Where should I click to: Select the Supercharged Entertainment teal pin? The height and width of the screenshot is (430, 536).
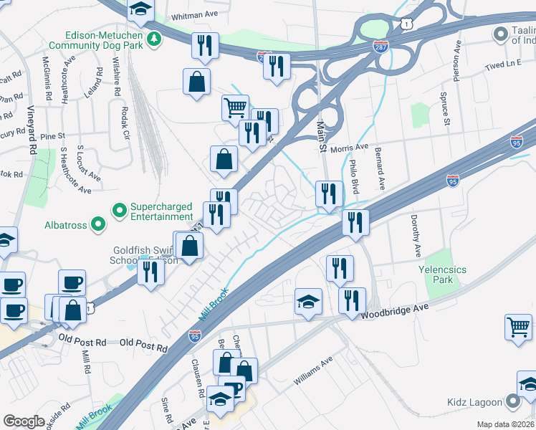(x=119, y=210)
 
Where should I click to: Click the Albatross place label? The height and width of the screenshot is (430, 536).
(x=66, y=225)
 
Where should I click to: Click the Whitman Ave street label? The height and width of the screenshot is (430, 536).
(x=193, y=16)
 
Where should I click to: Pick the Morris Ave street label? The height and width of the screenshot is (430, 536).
(x=349, y=147)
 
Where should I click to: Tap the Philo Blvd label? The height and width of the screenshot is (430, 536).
(x=354, y=177)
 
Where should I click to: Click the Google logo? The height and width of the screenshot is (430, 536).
(x=24, y=421)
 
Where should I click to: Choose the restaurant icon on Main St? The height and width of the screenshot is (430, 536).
(x=328, y=193)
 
